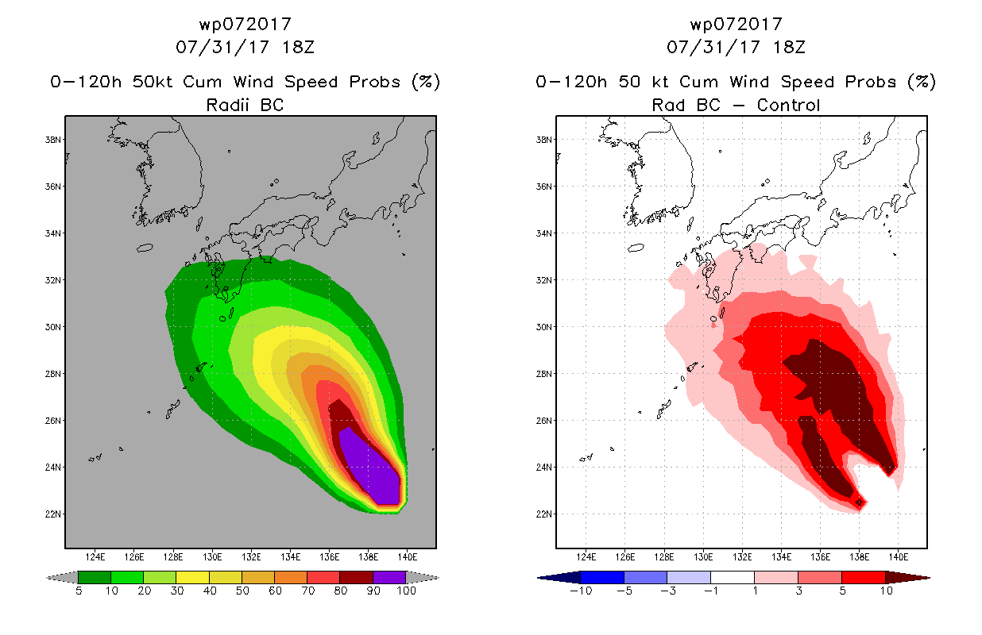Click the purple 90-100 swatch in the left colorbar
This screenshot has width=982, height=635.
click(x=389, y=577)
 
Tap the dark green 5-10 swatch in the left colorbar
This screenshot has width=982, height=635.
click(x=95, y=577)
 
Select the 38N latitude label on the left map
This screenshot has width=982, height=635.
click(x=53, y=140)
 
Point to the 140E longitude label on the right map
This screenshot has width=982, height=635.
click(x=899, y=557)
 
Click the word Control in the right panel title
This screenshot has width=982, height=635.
click(x=788, y=105)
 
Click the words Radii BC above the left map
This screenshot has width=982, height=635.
click(x=245, y=105)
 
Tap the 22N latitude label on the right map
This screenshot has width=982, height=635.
click(x=544, y=514)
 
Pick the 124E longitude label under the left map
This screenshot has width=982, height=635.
click(x=95, y=557)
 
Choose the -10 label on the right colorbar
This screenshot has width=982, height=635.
click(x=581, y=591)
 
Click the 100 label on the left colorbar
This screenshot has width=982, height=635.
click(x=406, y=591)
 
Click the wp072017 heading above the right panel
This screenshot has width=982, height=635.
click(x=736, y=24)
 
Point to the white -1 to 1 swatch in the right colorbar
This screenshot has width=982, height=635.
click(x=733, y=577)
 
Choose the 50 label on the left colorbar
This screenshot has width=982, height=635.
click(x=242, y=591)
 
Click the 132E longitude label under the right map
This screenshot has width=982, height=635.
click(x=742, y=557)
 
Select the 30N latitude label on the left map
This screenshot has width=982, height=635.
click(x=53, y=327)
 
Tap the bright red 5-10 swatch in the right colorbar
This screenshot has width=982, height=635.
click(x=864, y=577)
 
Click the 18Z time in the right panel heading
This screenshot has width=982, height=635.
click(x=789, y=47)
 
